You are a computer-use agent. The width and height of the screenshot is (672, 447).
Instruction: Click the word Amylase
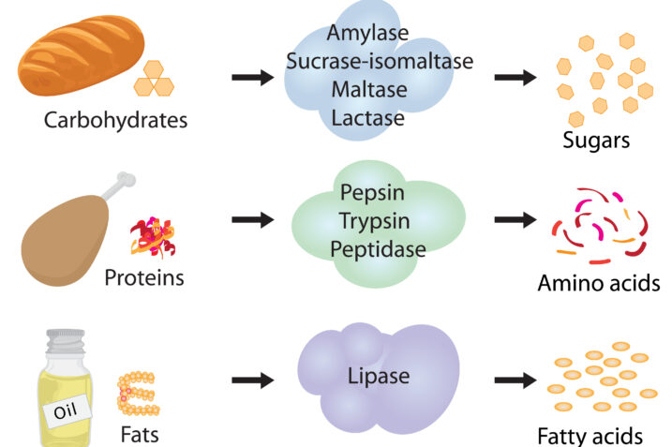point(367,33)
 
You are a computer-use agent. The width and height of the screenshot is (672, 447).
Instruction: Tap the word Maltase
point(367,90)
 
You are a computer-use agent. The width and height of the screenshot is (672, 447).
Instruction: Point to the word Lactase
point(367,118)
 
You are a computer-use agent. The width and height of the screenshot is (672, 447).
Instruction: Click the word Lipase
point(380,377)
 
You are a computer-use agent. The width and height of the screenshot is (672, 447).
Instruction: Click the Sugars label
point(595,141)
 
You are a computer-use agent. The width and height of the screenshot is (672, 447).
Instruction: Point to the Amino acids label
point(600,282)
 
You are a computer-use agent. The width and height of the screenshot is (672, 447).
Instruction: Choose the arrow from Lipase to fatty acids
point(514,380)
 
